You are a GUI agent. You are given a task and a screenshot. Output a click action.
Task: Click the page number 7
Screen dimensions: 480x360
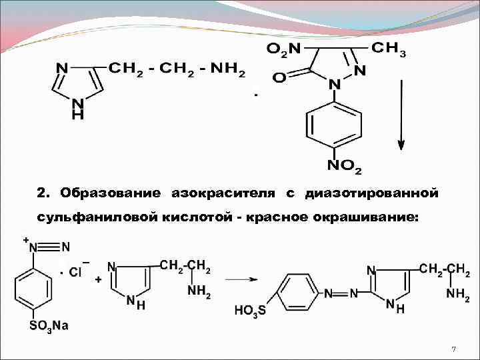pos(453,349)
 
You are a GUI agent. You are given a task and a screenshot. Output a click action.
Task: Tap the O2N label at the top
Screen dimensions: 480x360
pos(283,48)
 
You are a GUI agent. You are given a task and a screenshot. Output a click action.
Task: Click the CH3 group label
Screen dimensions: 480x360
pos(387,48)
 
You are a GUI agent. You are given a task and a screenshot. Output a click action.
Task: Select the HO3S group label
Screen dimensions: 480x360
pos(251,311)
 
